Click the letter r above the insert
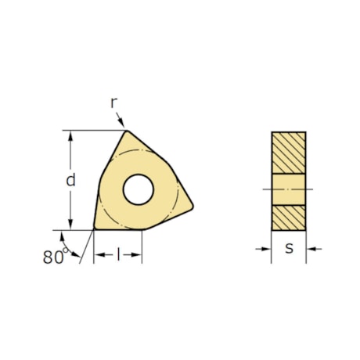[x=113, y=103]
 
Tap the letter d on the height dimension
[x=70, y=179]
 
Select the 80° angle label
[x=52, y=257]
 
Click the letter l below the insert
[x=118, y=256]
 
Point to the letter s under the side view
[x=289, y=249]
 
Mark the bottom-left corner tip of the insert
[x=95, y=229]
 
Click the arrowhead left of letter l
[x=99, y=256]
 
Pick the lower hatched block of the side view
[x=289, y=217]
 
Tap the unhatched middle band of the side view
[x=289, y=189]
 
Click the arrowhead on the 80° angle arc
[x=77, y=256]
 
